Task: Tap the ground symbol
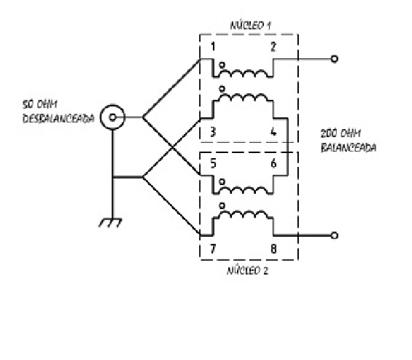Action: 110,222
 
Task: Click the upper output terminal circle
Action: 334,59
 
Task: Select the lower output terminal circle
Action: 334,235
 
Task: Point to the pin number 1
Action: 213,47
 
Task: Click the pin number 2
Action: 273,47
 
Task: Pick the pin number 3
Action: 213,132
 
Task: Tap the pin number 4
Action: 273,132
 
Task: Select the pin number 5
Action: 213,163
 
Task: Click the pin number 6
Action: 273,163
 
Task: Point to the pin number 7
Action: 213,249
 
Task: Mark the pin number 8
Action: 273,249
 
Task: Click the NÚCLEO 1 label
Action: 250,26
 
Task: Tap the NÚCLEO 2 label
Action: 247,270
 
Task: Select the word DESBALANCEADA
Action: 58,119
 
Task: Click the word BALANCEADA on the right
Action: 349,147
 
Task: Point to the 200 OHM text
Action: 341,133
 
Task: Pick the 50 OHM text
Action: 39,104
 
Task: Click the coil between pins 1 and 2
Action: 243,74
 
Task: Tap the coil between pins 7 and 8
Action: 243,214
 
